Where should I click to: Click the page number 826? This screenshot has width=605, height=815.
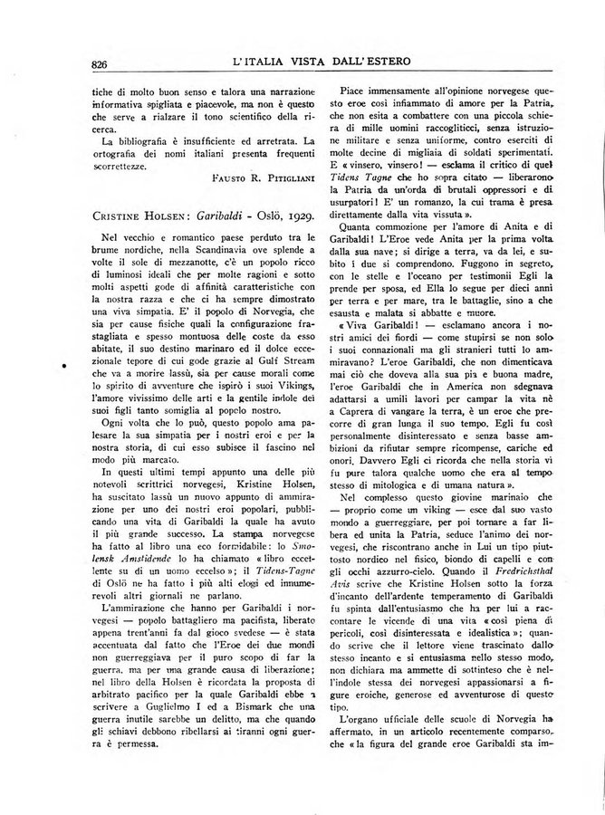pos(101,62)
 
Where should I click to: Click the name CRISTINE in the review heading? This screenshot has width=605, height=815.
pos(119,223)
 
